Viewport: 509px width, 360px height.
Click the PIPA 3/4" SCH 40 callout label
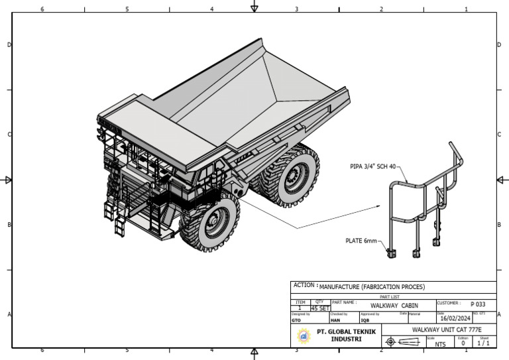tap(372, 167)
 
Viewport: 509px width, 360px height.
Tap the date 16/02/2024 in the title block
tap(455, 318)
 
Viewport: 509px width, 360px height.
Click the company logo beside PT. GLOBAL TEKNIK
tap(304, 335)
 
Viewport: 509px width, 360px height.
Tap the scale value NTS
tap(440, 344)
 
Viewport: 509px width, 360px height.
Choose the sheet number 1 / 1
tap(484, 343)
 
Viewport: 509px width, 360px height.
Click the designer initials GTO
tap(296, 320)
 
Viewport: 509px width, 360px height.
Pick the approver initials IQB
tap(365, 320)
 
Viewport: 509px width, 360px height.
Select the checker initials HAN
tap(335, 320)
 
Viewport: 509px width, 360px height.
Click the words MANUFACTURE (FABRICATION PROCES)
tap(372, 287)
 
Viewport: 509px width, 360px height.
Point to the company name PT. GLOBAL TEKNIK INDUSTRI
tap(346, 335)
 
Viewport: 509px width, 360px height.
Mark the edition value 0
tap(463, 343)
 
